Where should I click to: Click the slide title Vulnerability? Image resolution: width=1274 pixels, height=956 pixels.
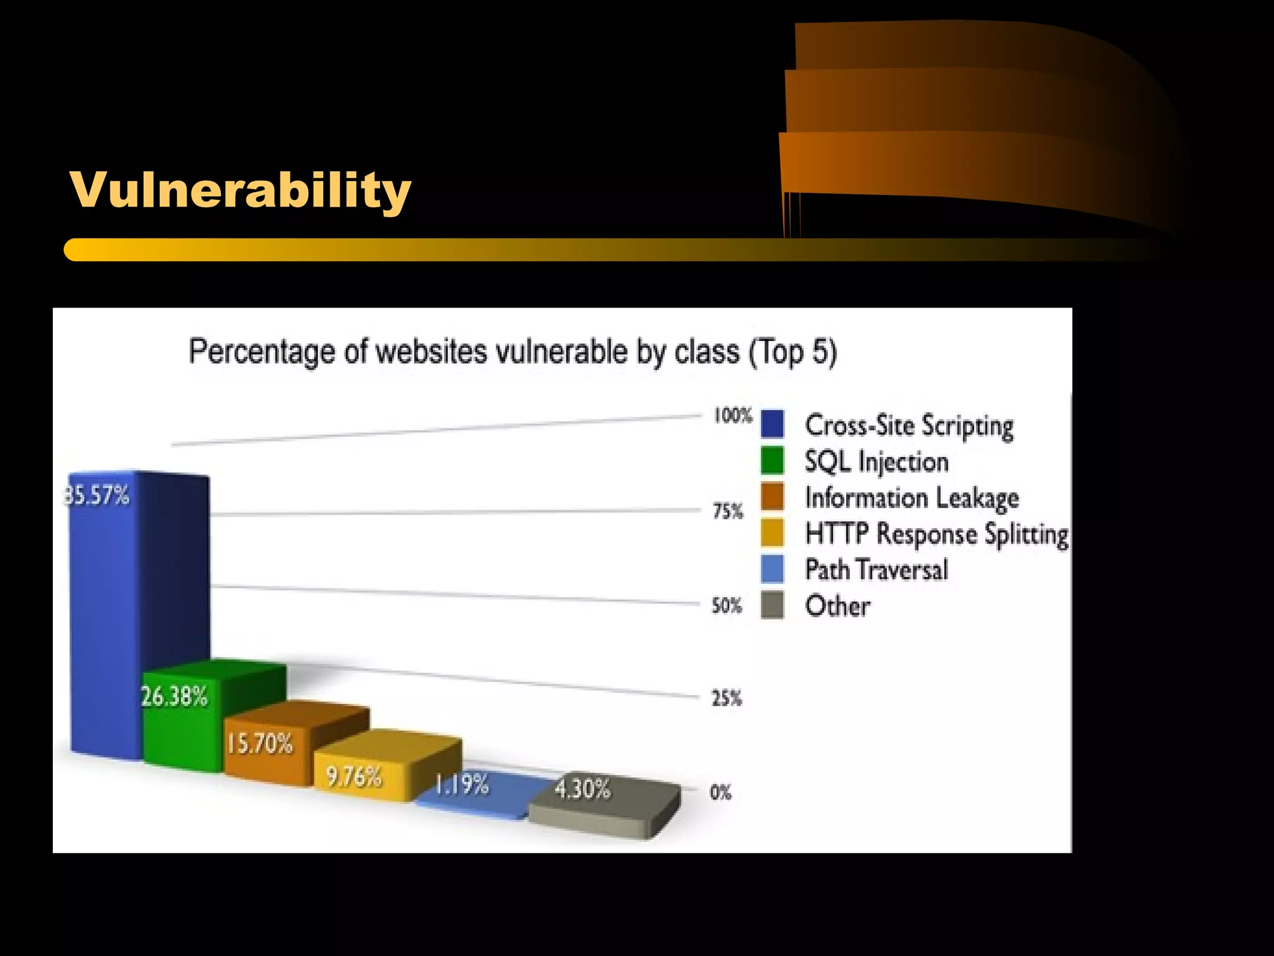click(240, 190)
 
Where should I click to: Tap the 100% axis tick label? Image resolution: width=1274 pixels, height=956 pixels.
click(732, 415)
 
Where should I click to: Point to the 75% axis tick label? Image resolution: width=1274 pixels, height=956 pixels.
click(727, 511)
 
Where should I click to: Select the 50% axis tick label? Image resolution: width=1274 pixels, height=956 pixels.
click(727, 605)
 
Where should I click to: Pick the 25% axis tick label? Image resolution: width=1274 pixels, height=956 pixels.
click(727, 698)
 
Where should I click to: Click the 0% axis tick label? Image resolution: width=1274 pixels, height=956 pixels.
click(720, 792)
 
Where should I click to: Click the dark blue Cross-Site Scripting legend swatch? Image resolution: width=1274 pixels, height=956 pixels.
click(772, 424)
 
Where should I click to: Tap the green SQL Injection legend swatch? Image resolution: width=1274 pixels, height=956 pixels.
click(772, 461)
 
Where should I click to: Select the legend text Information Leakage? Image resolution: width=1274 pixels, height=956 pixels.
click(911, 498)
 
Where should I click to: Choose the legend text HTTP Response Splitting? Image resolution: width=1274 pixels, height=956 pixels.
click(936, 534)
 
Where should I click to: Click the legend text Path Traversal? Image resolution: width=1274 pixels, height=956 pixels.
click(876, 569)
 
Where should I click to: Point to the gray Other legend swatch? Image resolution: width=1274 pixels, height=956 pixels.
click(772, 606)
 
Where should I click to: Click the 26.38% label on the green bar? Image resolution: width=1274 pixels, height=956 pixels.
click(174, 696)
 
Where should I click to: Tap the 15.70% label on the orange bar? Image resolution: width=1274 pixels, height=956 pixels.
click(259, 743)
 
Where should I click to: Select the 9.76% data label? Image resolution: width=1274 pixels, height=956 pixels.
click(353, 777)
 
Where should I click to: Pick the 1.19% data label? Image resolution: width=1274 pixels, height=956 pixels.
click(462, 785)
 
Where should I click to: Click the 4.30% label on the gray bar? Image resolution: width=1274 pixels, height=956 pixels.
click(582, 789)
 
